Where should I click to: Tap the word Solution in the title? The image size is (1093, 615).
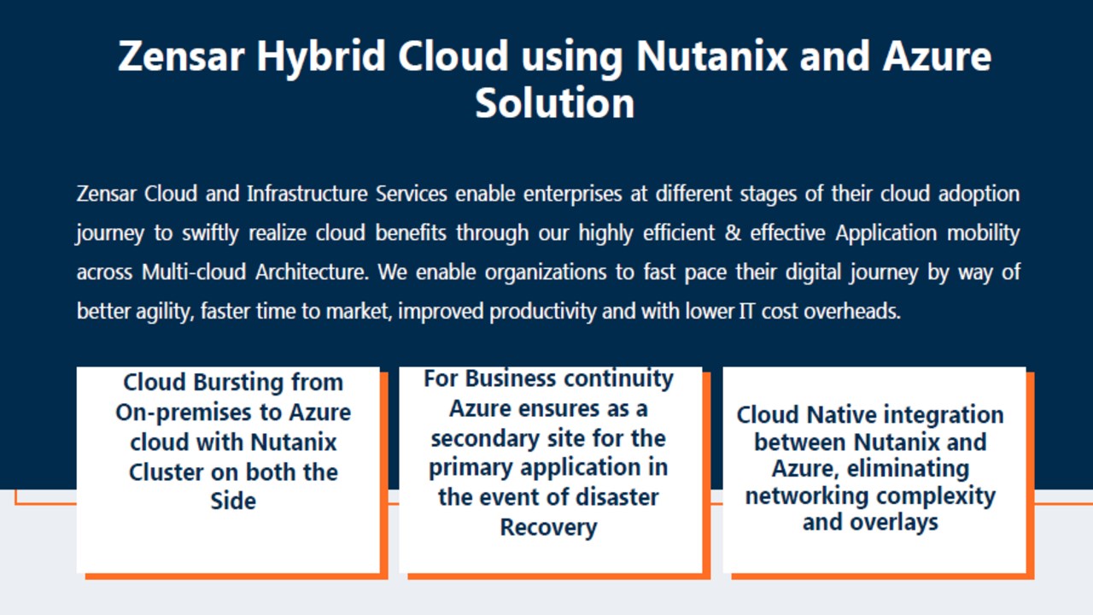click(555, 103)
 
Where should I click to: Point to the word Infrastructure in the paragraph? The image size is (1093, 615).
click(307, 194)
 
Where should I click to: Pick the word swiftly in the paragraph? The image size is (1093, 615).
click(210, 233)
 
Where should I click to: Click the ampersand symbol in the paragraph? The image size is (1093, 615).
click(733, 233)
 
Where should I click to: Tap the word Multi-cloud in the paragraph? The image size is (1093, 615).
click(194, 272)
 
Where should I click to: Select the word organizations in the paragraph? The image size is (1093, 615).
click(546, 272)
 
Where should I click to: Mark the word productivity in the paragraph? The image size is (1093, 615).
click(543, 312)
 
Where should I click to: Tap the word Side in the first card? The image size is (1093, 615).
click(233, 501)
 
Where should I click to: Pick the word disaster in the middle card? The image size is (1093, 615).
click(617, 497)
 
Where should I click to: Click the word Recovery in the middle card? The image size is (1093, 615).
click(548, 528)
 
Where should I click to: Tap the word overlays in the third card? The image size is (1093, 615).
click(894, 523)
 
